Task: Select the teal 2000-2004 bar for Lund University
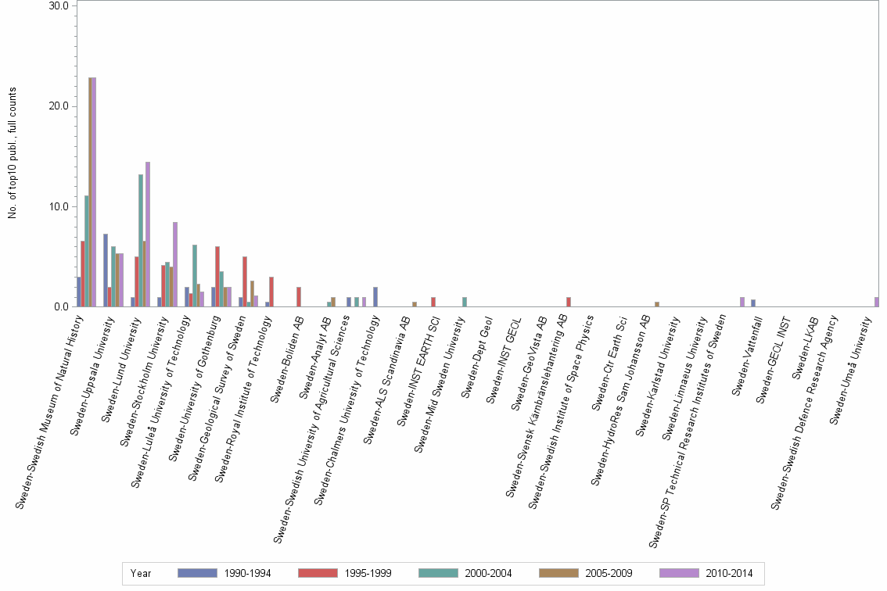(141, 241)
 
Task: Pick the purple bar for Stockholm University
(175, 264)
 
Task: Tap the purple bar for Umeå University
(877, 302)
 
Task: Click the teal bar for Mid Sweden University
(465, 302)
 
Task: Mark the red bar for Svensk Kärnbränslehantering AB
(569, 302)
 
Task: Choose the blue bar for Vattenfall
(753, 303)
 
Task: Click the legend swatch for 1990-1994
(197, 573)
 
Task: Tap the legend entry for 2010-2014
(704, 574)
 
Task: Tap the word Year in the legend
(141, 574)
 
